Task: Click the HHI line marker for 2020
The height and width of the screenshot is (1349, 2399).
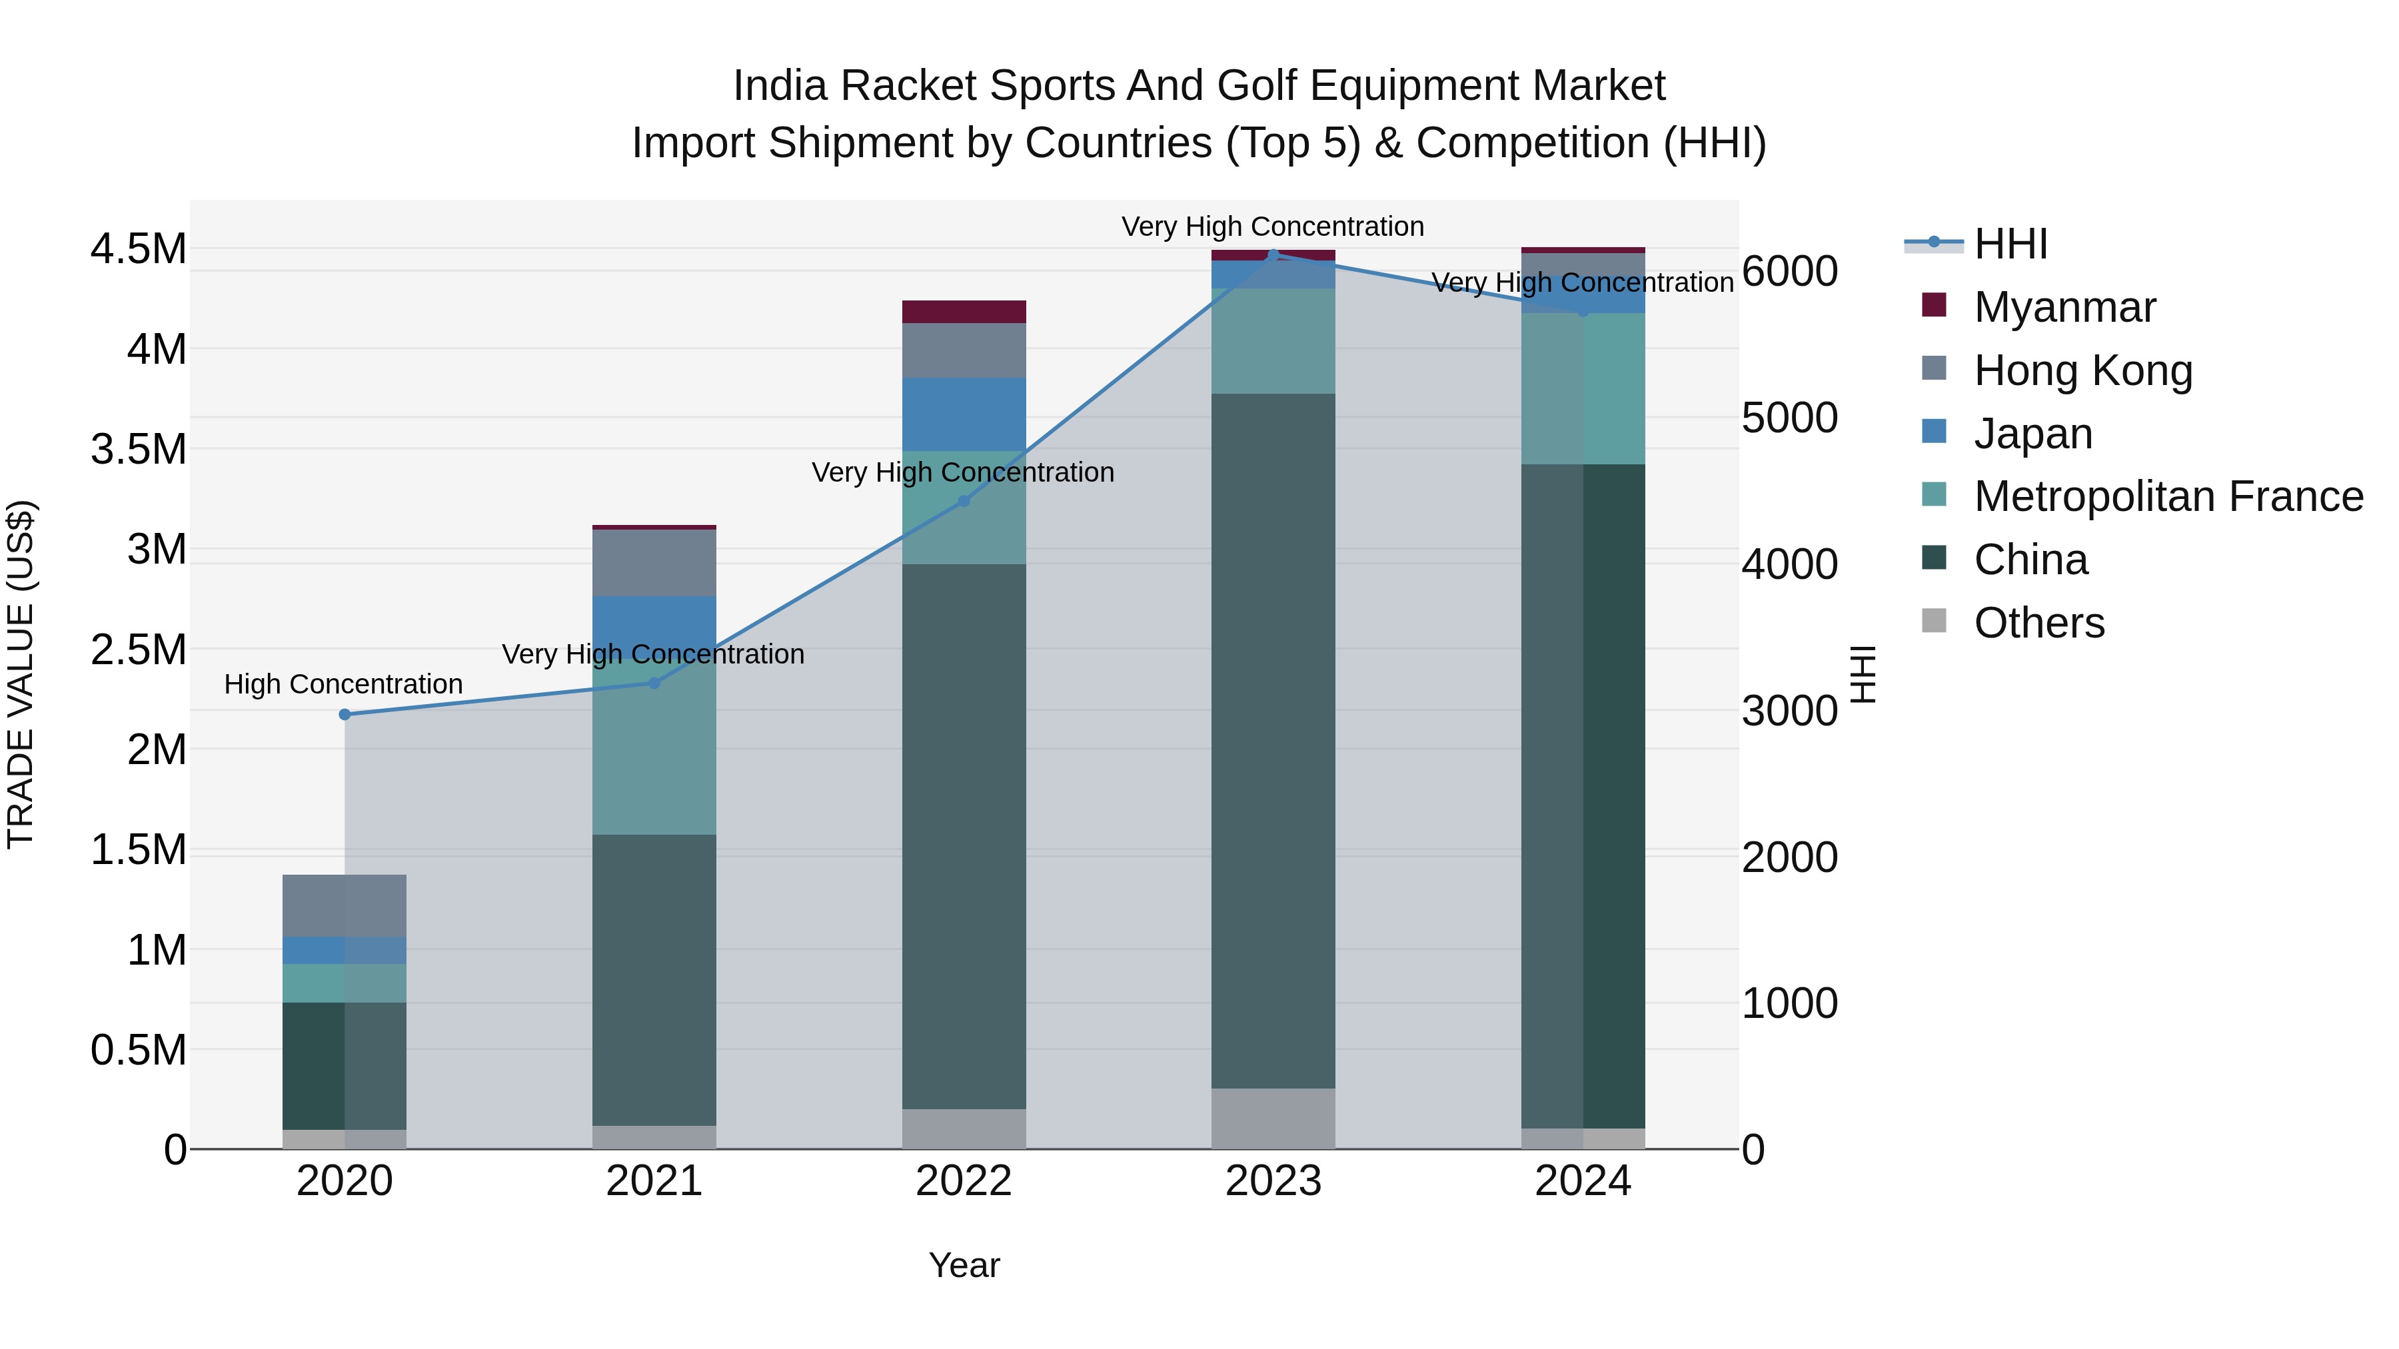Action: click(x=345, y=714)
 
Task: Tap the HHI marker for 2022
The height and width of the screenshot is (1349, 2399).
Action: click(x=964, y=501)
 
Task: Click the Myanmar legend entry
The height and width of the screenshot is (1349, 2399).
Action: click(x=2064, y=307)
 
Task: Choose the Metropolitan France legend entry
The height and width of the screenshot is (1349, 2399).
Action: click(x=2168, y=496)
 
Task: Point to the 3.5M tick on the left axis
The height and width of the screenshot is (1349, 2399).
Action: click(x=138, y=449)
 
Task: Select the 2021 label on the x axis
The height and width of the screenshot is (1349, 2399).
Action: click(x=654, y=1181)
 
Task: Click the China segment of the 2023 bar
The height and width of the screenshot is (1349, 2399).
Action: click(x=1273, y=740)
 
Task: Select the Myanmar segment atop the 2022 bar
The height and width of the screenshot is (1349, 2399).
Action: click(x=964, y=311)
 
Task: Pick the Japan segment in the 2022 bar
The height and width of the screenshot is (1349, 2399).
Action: click(x=964, y=414)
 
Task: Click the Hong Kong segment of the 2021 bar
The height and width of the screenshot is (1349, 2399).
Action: click(x=654, y=562)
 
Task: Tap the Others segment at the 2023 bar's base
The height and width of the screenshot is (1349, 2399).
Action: click(x=1273, y=1118)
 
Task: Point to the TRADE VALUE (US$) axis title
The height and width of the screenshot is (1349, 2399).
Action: click(x=21, y=674)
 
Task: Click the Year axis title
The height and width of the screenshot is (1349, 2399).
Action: click(x=964, y=1265)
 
